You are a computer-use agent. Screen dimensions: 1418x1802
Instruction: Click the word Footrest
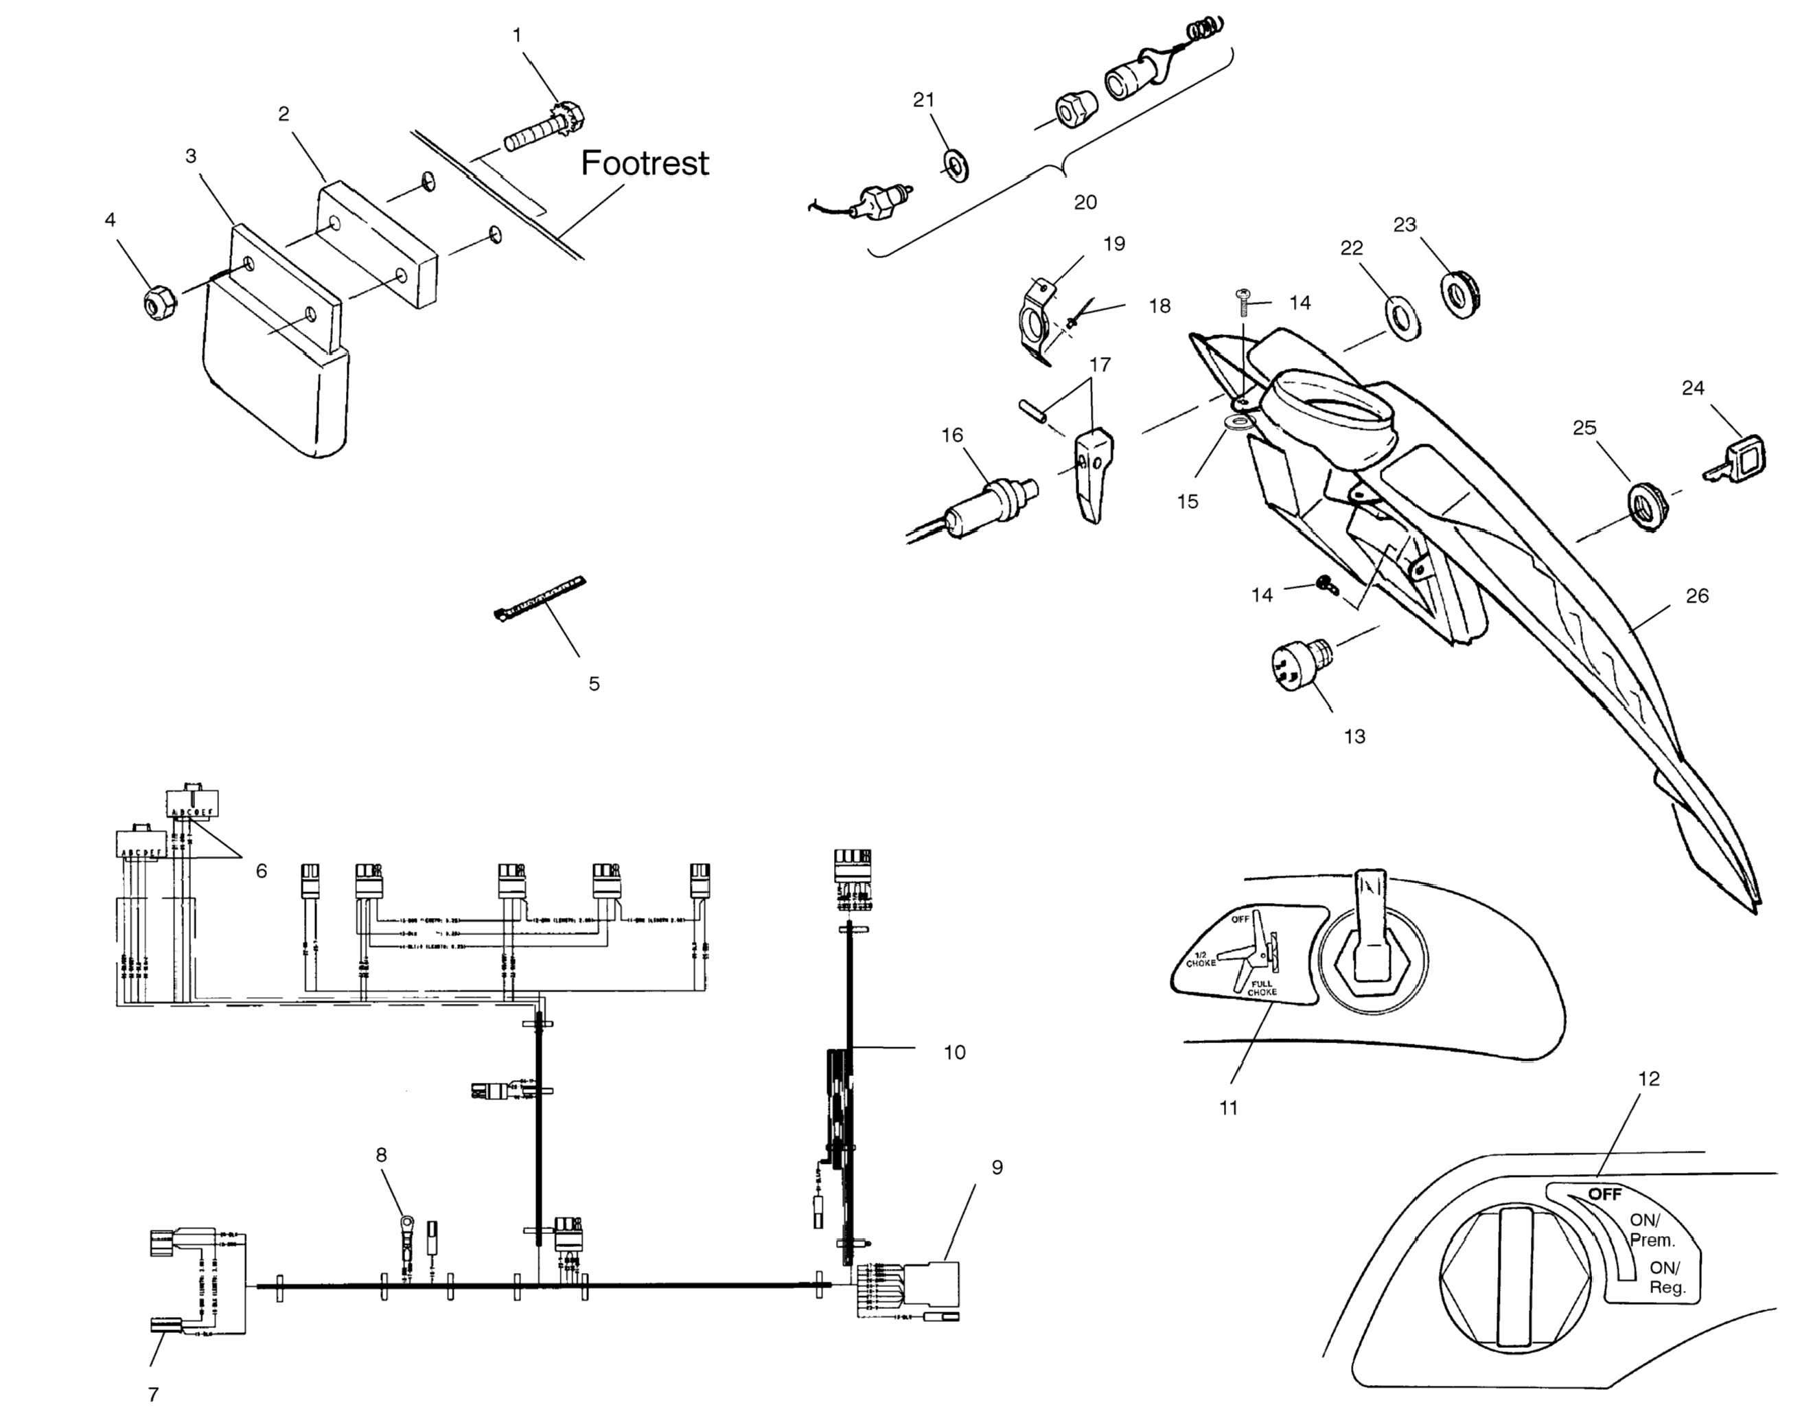[x=644, y=163]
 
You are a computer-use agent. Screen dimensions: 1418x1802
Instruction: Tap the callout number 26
[x=1696, y=595]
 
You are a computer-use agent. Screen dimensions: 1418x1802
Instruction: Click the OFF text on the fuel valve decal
[x=1604, y=1194]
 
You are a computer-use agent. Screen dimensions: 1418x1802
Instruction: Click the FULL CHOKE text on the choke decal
[x=1262, y=988]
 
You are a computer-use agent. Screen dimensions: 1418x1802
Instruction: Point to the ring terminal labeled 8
[x=406, y=1224]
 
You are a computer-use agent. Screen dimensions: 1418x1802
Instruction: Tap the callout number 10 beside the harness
[x=954, y=1053]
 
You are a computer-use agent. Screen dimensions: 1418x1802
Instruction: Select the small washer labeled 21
[x=957, y=166]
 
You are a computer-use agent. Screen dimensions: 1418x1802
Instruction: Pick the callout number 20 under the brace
[x=1085, y=202]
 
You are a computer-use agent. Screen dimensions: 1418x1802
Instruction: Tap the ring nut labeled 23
[x=1460, y=293]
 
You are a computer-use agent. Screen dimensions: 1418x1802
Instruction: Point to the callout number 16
[x=952, y=435]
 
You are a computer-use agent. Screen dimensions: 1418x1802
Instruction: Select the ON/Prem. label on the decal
[x=1652, y=1231]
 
